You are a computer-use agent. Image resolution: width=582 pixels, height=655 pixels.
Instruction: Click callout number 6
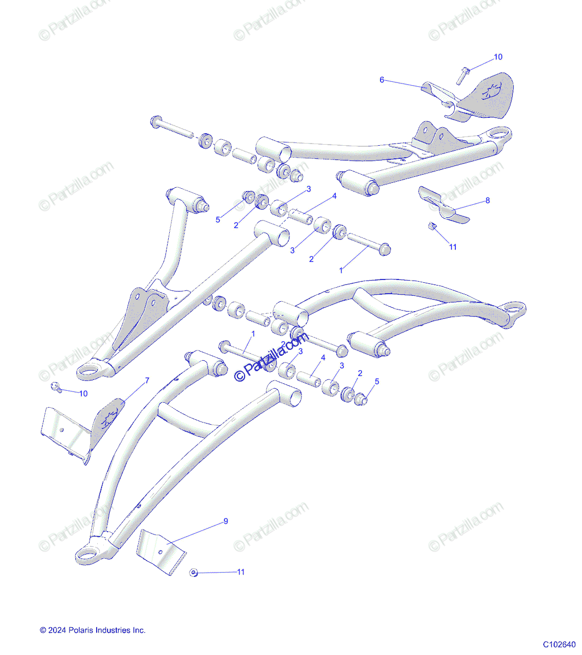pos(382,80)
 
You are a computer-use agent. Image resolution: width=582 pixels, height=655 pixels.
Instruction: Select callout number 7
pos(146,381)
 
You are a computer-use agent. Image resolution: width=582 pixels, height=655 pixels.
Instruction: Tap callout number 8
pos(488,200)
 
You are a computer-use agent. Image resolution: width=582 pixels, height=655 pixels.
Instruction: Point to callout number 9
pos(225,521)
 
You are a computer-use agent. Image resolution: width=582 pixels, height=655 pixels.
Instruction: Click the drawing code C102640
pos(559,644)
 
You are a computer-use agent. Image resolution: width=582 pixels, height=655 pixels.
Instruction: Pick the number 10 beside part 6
pos(497,57)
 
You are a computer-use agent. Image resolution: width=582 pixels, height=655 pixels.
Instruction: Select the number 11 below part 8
pos(453,247)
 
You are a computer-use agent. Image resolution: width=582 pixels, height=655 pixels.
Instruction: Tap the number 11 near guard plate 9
pos(240,572)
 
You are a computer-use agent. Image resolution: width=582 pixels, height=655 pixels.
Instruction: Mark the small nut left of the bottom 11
pos(193,572)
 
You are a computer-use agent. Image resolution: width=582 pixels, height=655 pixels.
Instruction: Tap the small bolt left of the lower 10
pos(55,387)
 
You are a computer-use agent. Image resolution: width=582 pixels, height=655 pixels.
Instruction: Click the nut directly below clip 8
pos(431,227)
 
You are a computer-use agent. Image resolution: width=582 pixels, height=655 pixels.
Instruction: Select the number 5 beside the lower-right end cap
pos(376,382)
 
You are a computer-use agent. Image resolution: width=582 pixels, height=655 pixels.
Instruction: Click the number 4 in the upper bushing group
pos(334,196)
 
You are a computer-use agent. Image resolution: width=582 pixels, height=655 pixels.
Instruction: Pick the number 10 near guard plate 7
pos(83,393)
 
